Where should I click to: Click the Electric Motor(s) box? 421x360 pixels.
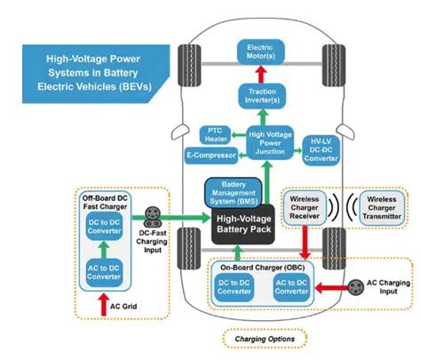(x=260, y=52)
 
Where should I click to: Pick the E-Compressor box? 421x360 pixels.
(x=210, y=156)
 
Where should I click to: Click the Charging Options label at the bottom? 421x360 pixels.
(x=263, y=339)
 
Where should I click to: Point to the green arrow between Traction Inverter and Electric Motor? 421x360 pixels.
(x=260, y=73)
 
